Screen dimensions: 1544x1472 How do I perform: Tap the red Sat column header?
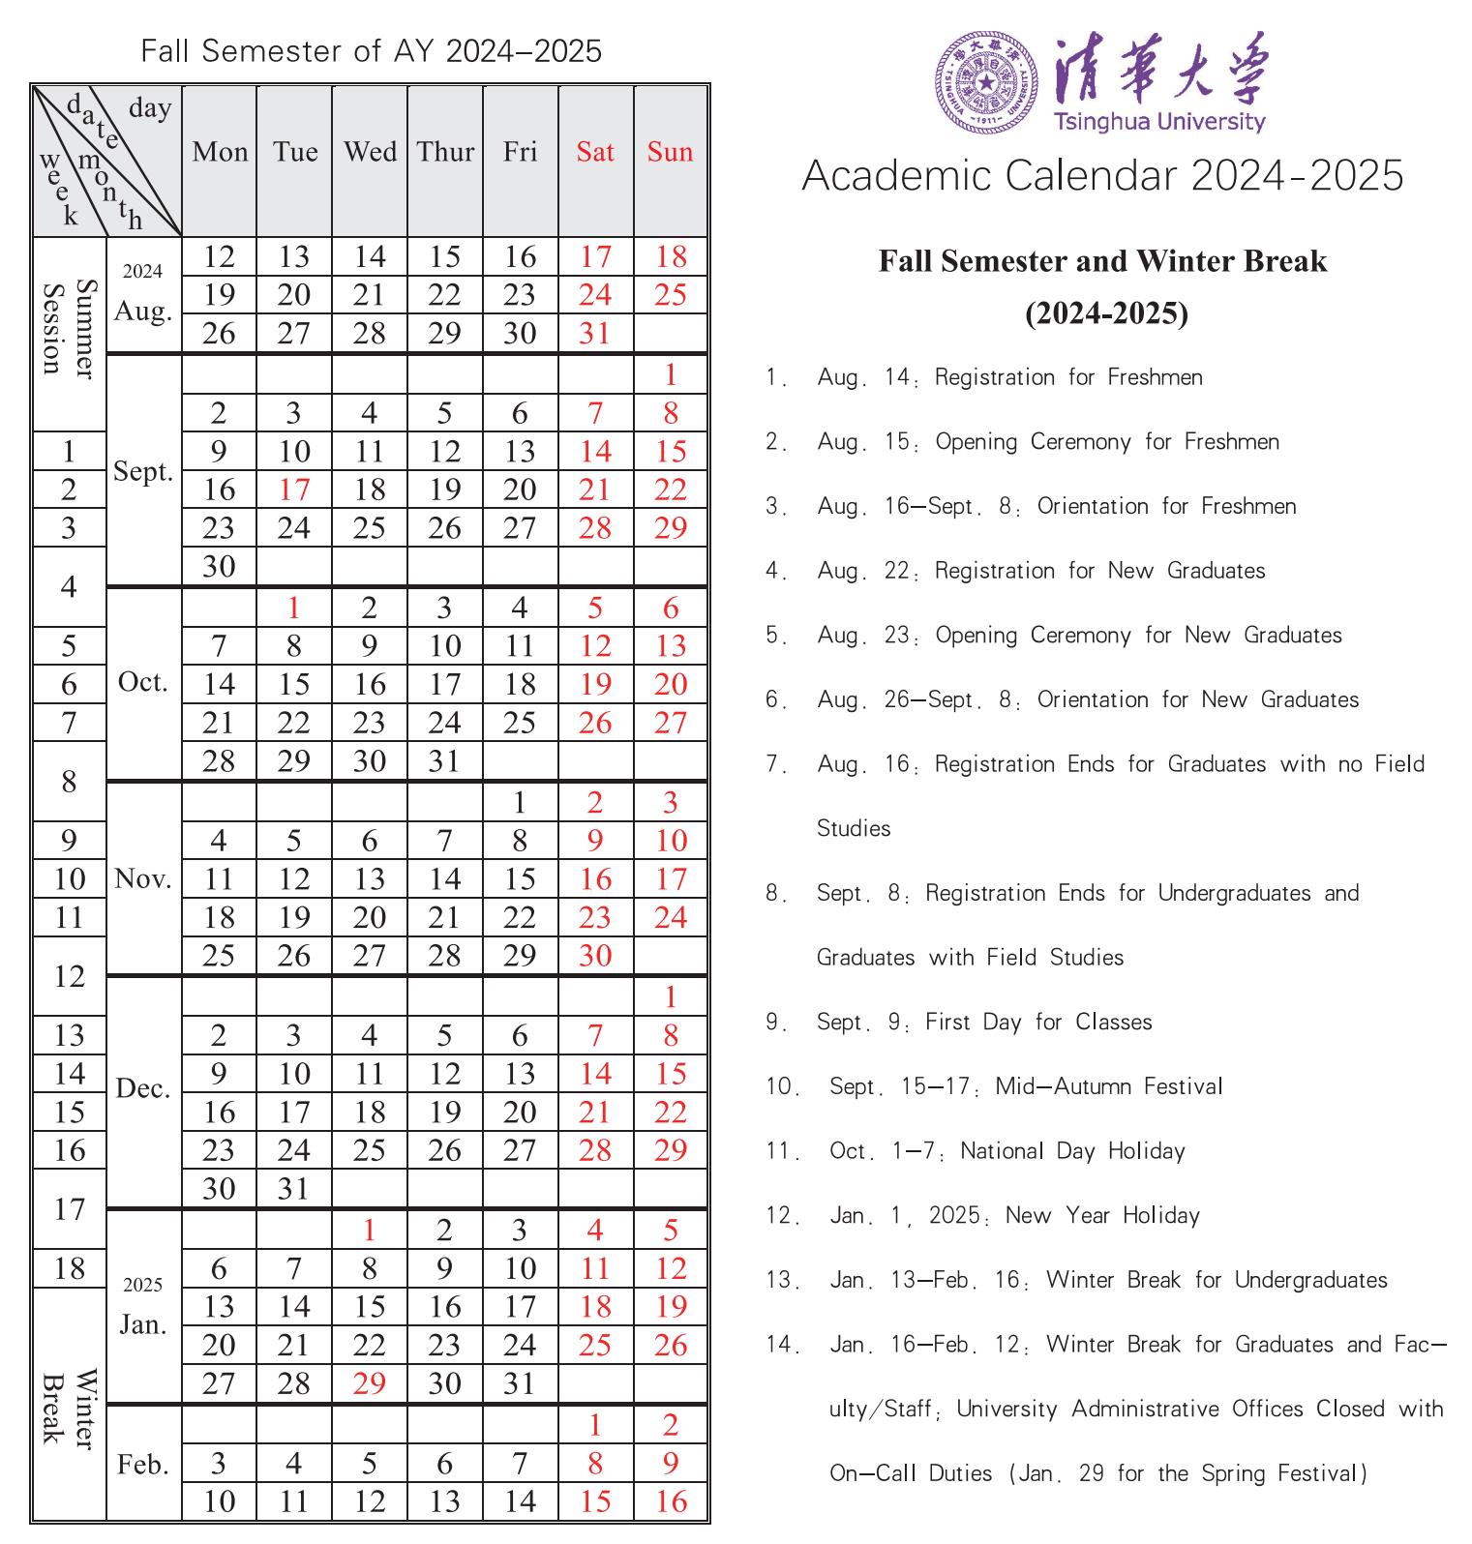[595, 152]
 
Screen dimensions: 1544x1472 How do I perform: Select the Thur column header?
[445, 152]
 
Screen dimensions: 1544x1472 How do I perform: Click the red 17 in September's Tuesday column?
[294, 490]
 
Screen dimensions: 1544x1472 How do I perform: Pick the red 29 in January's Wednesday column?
[370, 1383]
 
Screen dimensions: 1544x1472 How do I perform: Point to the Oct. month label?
[143, 682]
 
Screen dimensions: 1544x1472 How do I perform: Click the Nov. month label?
[143, 878]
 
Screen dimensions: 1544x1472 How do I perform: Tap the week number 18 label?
[70, 1268]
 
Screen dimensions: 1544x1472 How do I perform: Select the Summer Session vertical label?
[70, 329]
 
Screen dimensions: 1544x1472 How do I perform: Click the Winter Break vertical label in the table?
[70, 1407]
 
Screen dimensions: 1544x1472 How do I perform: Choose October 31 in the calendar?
[444, 761]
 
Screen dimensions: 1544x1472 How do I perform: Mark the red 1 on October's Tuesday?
[294, 609]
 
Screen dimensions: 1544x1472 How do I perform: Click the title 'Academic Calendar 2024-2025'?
[1102, 176]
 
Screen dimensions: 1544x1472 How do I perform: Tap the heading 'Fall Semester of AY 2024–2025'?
[371, 50]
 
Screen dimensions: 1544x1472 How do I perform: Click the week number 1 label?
[69, 452]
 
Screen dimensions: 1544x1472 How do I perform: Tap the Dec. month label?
[143, 1089]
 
